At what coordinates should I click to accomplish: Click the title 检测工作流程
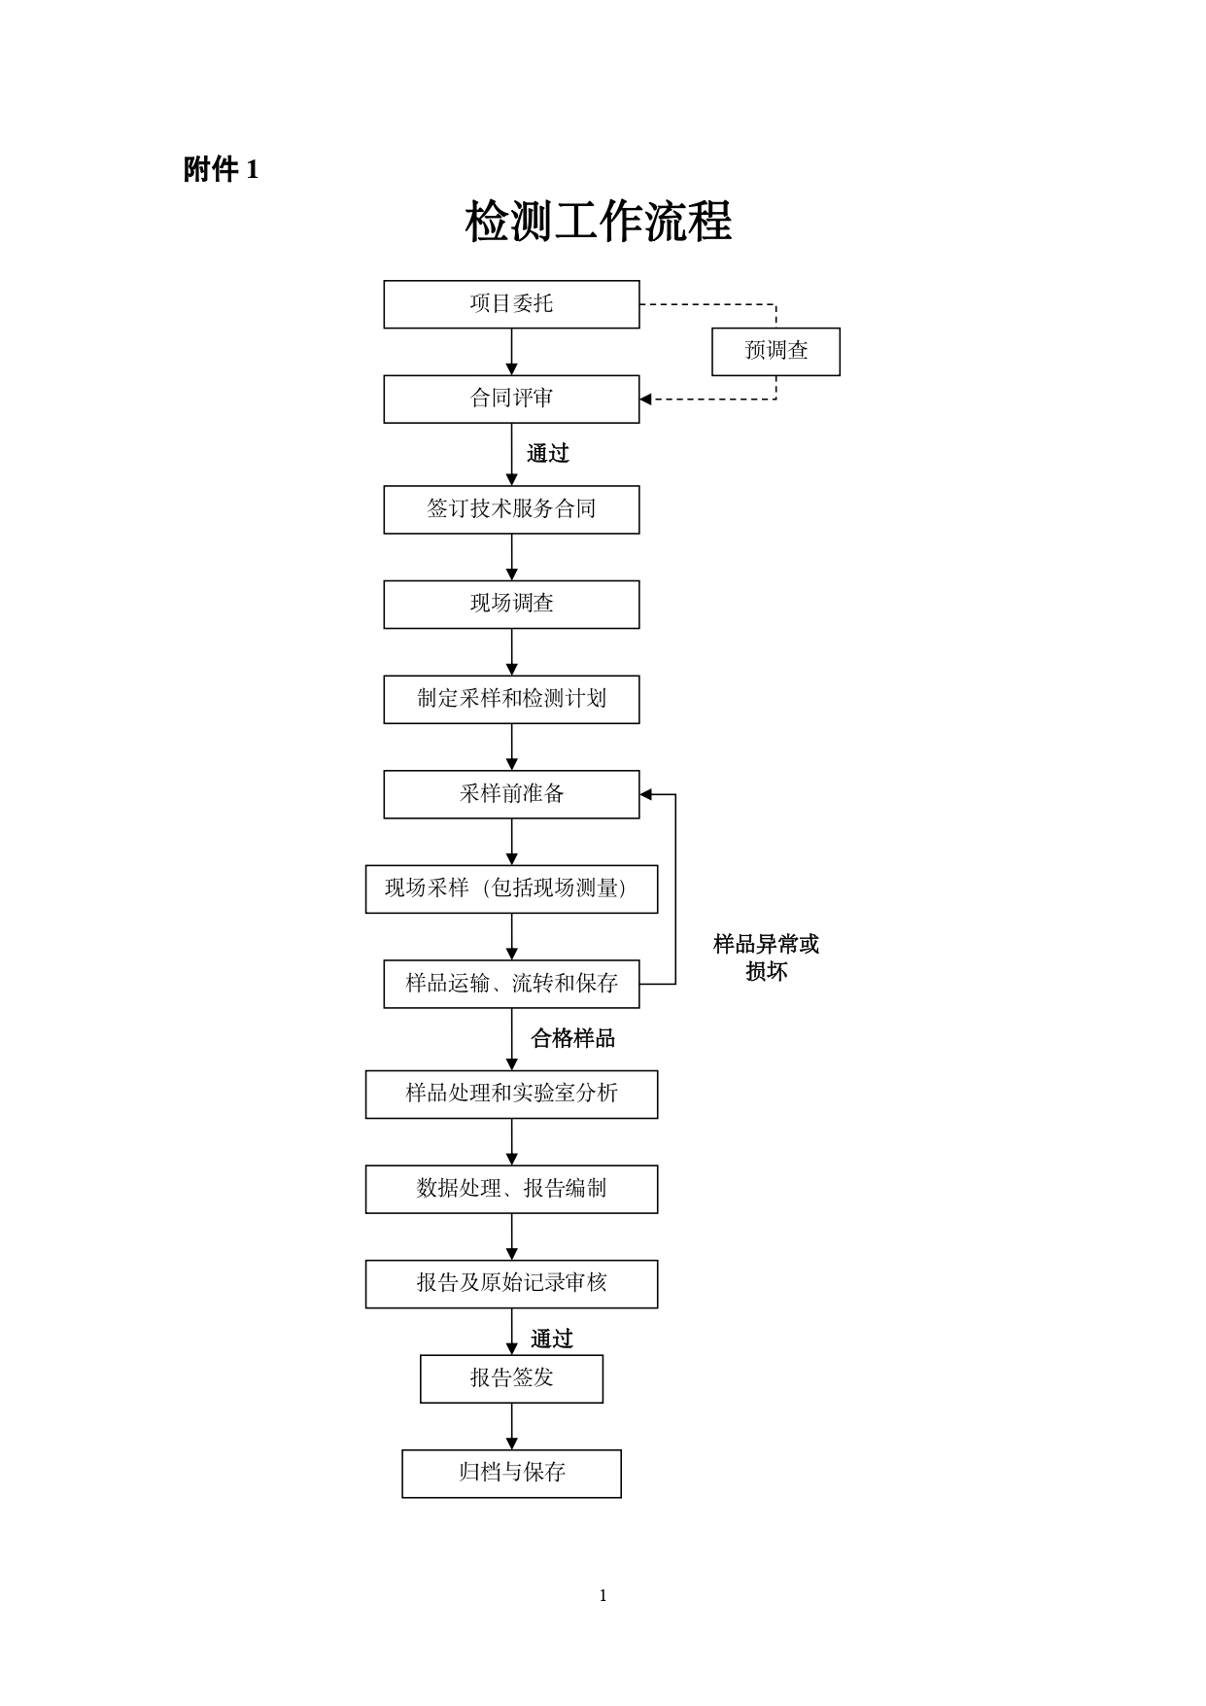(598, 223)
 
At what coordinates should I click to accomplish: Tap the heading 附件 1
(221, 170)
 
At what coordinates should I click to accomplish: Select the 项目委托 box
(511, 304)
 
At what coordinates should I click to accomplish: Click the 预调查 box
(775, 351)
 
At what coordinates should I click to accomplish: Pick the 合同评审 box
(511, 399)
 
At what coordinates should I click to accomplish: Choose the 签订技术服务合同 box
(511, 509)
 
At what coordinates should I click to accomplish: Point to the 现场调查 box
(511, 604)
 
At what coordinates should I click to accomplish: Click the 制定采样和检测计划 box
(511, 699)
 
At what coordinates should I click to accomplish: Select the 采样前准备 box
(511, 794)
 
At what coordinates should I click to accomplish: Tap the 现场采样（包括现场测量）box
(511, 888)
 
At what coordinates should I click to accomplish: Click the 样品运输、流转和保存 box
(511, 984)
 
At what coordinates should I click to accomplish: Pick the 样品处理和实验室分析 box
(511, 1094)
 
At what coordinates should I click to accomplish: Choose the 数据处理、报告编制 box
(511, 1189)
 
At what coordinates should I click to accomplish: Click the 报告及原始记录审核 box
(511, 1283)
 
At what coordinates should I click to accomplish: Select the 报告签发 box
(511, 1378)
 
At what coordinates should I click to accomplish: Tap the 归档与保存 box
(511, 1473)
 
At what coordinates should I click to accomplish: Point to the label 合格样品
(572, 1039)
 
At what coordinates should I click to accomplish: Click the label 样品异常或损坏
(766, 957)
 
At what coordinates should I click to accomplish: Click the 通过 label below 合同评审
(548, 454)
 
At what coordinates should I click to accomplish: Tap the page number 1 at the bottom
(603, 1595)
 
